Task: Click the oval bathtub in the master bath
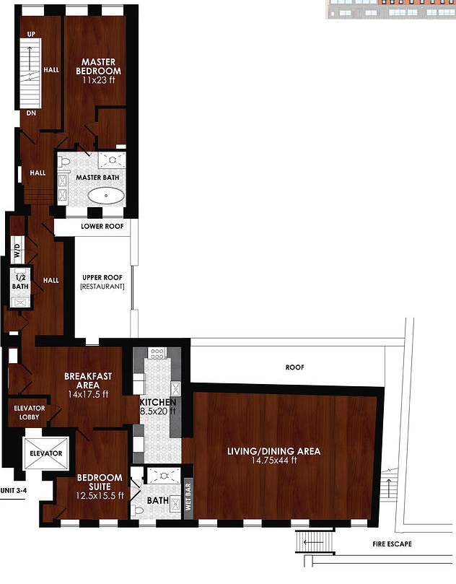(107, 196)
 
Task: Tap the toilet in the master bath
(64, 162)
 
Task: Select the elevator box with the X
(46, 453)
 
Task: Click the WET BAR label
(188, 497)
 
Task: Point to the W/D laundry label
(17, 250)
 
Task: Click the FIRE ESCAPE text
(392, 544)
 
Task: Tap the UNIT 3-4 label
(14, 490)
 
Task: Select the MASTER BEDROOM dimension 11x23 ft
(99, 79)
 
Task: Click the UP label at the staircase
(31, 34)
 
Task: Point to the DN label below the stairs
(31, 113)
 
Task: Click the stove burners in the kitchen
(157, 353)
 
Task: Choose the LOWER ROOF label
(102, 226)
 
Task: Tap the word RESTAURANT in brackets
(102, 287)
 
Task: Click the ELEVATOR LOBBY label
(30, 413)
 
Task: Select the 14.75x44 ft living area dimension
(274, 461)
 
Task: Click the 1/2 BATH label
(20, 282)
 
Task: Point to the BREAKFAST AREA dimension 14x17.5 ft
(88, 394)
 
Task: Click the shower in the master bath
(112, 160)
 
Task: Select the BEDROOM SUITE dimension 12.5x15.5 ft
(100, 496)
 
